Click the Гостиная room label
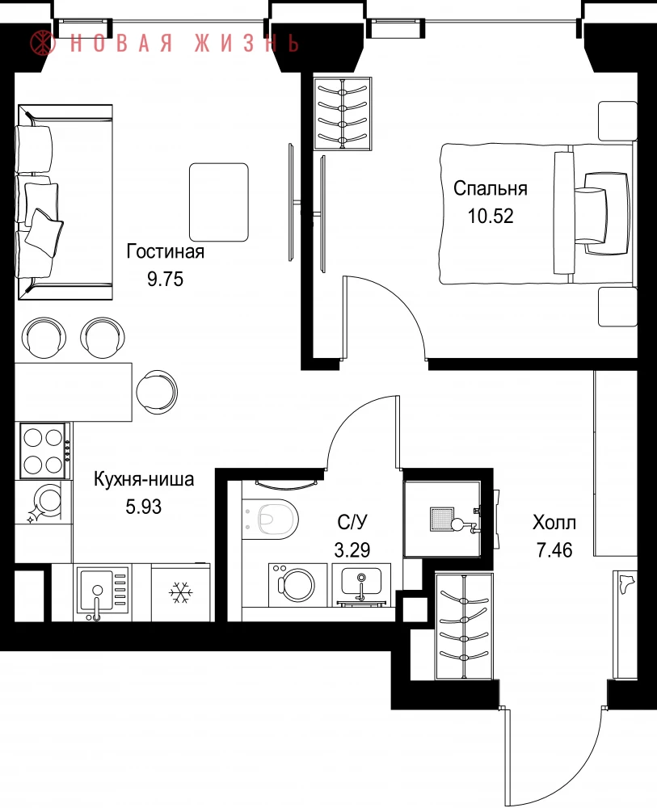click(166, 251)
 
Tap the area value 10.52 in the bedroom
click(491, 216)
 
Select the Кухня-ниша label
click(144, 479)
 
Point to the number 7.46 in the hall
click(554, 550)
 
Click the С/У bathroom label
click(352, 523)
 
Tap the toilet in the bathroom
click(271, 519)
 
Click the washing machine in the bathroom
click(297, 584)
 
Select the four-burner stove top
click(44, 450)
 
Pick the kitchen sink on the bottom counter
click(102, 592)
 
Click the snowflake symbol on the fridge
click(181, 593)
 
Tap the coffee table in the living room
click(219, 202)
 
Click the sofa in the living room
click(65, 202)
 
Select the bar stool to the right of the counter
click(157, 391)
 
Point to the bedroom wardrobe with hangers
click(343, 113)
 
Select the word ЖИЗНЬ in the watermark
click(247, 43)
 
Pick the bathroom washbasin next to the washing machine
click(361, 584)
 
